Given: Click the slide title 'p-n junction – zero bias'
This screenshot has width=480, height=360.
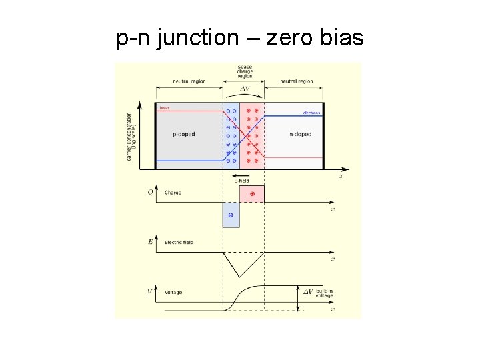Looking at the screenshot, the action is point(240,39).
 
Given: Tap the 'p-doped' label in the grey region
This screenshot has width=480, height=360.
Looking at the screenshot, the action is point(184,134).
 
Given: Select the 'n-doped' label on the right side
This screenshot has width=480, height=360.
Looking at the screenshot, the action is point(300,134).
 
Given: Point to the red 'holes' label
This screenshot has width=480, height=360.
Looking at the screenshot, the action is point(164,107).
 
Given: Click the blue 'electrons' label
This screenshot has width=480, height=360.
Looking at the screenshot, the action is point(311,113).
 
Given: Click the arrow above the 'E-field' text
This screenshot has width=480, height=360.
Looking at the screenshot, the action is point(243,174).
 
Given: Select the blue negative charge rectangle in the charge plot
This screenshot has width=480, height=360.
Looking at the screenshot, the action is point(231,215).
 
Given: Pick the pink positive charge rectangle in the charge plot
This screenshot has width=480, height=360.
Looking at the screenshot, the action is point(252,193).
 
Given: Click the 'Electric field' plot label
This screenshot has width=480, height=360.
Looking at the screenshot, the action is point(179,243).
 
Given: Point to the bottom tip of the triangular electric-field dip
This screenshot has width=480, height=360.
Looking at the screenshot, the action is point(235,276).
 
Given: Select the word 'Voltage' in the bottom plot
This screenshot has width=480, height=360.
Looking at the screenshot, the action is point(173,292).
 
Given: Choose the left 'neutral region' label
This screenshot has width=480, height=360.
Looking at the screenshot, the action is point(189,81).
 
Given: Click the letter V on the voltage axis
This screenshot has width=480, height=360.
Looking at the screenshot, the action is point(150,292).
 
